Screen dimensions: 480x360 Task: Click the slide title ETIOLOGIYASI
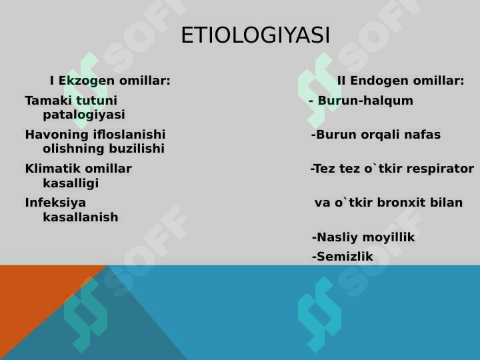(255, 35)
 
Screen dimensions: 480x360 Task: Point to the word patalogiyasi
(84, 115)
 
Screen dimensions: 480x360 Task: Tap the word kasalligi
(71, 183)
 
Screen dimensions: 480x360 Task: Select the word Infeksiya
(55, 203)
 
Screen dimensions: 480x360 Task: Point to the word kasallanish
(81, 217)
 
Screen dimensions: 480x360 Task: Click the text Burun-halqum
(365, 101)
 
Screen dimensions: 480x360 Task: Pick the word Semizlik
(345, 257)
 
